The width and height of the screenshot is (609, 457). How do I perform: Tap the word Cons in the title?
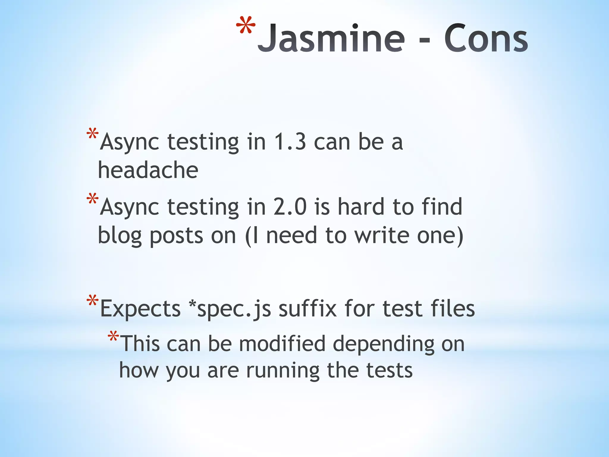click(x=486, y=39)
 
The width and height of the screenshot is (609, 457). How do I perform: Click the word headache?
click(x=148, y=170)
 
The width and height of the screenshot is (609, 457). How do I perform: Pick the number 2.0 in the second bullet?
click(x=290, y=207)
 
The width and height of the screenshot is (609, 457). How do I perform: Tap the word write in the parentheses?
click(x=382, y=235)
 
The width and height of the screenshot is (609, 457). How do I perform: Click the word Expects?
click(x=140, y=309)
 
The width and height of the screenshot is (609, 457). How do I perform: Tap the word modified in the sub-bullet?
click(x=282, y=344)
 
